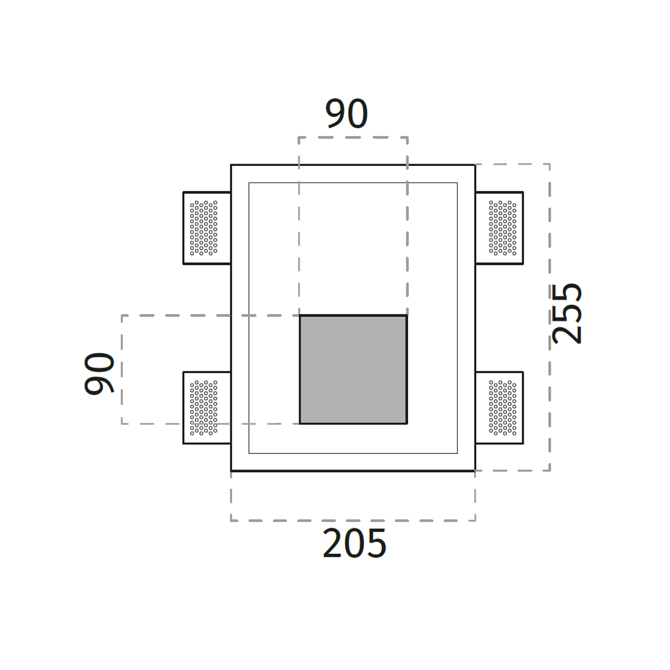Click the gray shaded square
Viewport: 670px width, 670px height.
tap(353, 370)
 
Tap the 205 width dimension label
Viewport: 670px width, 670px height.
tap(355, 544)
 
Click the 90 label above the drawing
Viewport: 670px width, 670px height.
tap(347, 113)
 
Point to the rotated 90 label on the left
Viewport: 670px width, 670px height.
tap(99, 374)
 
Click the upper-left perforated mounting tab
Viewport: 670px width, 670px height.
tap(207, 228)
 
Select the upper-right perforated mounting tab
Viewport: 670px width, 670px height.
tap(499, 228)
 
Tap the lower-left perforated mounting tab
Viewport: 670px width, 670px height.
tap(207, 408)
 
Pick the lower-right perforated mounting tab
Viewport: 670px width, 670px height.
tap(499, 408)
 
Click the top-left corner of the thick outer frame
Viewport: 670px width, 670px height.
tap(231, 165)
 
